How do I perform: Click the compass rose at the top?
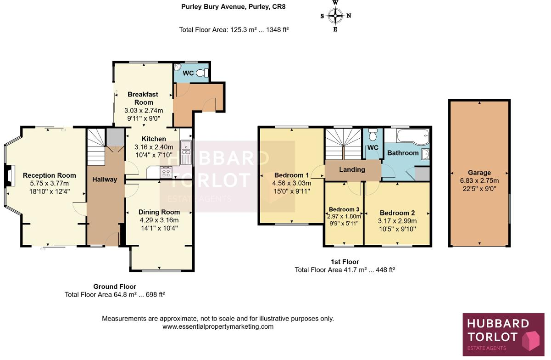(335, 16)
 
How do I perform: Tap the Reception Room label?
(50, 175)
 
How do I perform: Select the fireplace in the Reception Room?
(10, 177)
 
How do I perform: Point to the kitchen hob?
(166, 173)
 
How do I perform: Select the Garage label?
(479, 173)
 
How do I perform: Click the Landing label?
(352, 169)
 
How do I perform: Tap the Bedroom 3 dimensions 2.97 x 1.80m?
(345, 216)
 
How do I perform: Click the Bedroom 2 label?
(397, 213)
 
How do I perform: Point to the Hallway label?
(105, 180)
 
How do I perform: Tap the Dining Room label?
(159, 212)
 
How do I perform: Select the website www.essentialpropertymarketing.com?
(218, 327)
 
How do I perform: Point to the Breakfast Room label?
(143, 98)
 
